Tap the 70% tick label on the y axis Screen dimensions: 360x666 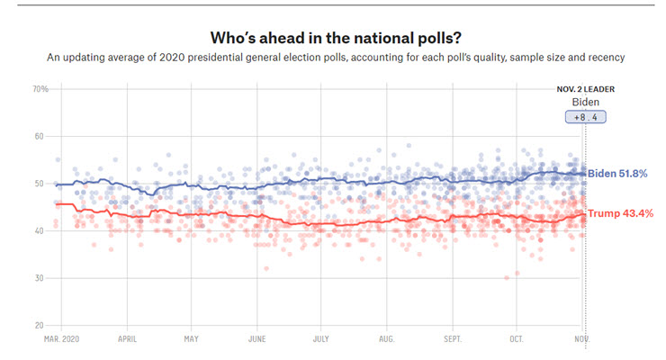[x=40, y=89]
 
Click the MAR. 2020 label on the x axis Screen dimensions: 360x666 [x=63, y=340]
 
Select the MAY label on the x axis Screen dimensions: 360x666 [x=191, y=340]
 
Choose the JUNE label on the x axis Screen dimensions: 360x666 [x=256, y=340]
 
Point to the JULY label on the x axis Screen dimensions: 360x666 [x=320, y=340]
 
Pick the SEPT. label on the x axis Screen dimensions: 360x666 [x=453, y=340]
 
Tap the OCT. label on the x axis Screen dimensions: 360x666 [x=517, y=340]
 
